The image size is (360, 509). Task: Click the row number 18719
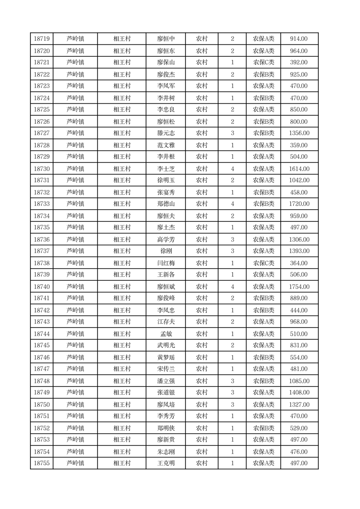[42, 39]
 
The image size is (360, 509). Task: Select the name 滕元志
[165, 133]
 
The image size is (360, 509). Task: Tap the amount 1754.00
[299, 287]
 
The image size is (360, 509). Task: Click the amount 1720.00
[299, 204]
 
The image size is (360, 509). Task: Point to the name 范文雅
[165, 145]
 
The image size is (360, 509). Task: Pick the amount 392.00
[299, 63]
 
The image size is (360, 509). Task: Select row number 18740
[42, 287]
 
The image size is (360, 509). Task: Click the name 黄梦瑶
[165, 357]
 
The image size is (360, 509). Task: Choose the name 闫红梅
[165, 263]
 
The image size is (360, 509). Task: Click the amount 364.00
[299, 263]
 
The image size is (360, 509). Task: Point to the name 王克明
[165, 463]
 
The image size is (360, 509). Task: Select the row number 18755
[42, 463]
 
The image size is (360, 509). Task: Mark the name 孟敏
[165, 334]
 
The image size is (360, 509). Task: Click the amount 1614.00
[299, 169]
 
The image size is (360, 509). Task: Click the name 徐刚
[165, 251]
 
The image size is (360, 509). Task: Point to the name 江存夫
[165, 322]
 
